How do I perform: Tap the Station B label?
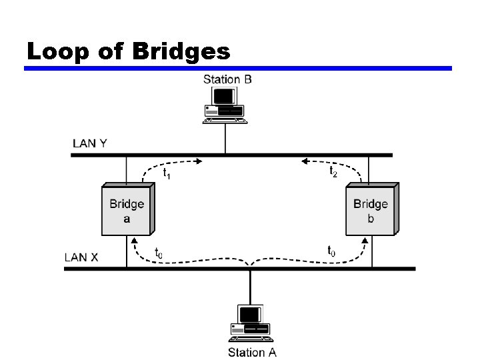[x=227, y=79]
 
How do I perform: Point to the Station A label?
[x=252, y=352]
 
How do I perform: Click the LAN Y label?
[x=89, y=144]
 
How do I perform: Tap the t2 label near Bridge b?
[x=333, y=171]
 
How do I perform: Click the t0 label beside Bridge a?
[x=159, y=253]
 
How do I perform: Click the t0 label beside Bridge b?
[x=331, y=251]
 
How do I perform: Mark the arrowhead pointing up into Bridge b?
[x=364, y=239]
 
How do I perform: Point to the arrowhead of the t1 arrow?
[x=199, y=160]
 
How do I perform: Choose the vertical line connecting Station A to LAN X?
[x=251, y=287]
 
